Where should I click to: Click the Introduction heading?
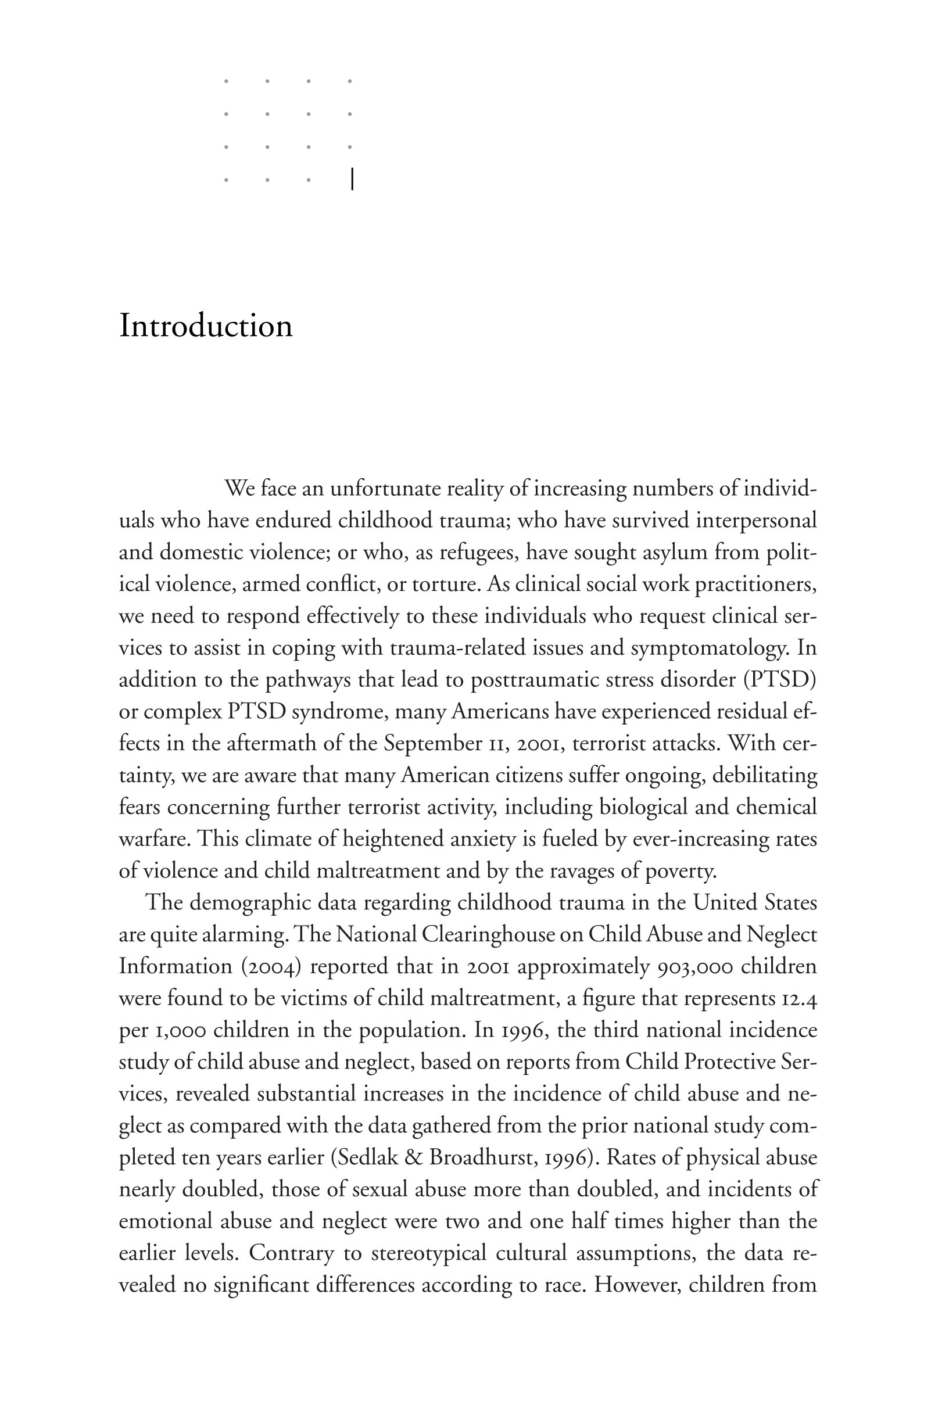(x=206, y=326)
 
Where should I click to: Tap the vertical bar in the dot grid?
(x=352, y=180)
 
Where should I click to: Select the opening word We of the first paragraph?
(x=239, y=488)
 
